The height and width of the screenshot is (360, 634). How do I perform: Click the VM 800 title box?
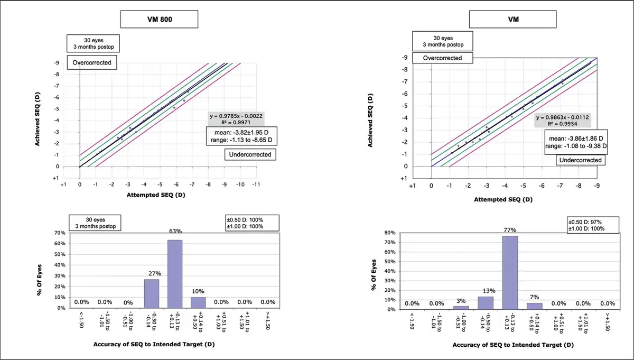click(159, 19)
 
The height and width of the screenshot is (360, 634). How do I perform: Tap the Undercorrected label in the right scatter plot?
click(581, 159)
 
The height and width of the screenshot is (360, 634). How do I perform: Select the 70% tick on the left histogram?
click(59, 233)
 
